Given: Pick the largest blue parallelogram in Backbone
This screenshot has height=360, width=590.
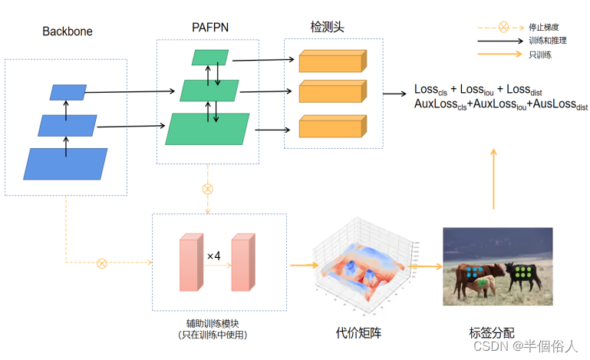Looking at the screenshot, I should click(66, 163).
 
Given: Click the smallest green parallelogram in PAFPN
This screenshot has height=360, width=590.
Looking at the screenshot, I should click(211, 58).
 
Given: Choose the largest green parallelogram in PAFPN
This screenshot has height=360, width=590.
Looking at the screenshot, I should click(209, 129).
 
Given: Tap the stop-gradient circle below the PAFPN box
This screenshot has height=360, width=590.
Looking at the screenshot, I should click(207, 188).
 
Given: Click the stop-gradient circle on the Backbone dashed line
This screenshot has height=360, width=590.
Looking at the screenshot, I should click(101, 263).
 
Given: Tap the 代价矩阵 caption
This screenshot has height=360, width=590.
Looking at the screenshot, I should click(358, 333).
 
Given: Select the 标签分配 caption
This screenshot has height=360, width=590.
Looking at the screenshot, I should click(491, 333).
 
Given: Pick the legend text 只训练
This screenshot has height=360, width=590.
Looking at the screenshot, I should click(539, 54).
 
